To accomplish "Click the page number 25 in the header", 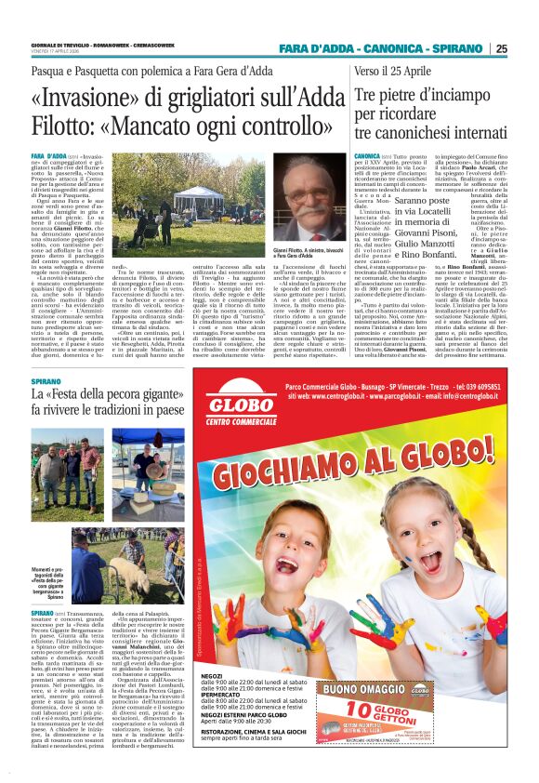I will [x=526, y=49].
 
